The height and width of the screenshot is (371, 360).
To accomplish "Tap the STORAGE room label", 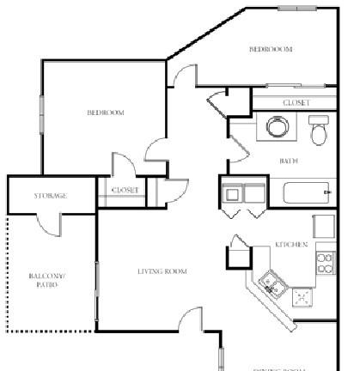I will pos(51,196).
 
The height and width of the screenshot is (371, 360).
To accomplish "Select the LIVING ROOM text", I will pos(162,271).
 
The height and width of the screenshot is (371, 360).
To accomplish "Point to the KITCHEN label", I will pos(291,245).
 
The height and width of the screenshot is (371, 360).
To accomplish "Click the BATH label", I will pos(289,161).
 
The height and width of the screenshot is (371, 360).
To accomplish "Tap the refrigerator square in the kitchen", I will pos(323,226).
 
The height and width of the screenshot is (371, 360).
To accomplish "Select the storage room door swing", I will pos(52,223).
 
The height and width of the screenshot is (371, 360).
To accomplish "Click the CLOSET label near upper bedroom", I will pos(296,103).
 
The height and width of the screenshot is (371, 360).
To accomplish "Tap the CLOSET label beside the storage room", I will pos(125,191).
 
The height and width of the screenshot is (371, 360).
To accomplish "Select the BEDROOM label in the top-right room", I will pos(271,50).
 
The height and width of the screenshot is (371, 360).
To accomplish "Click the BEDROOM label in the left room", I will pos(106,113).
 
